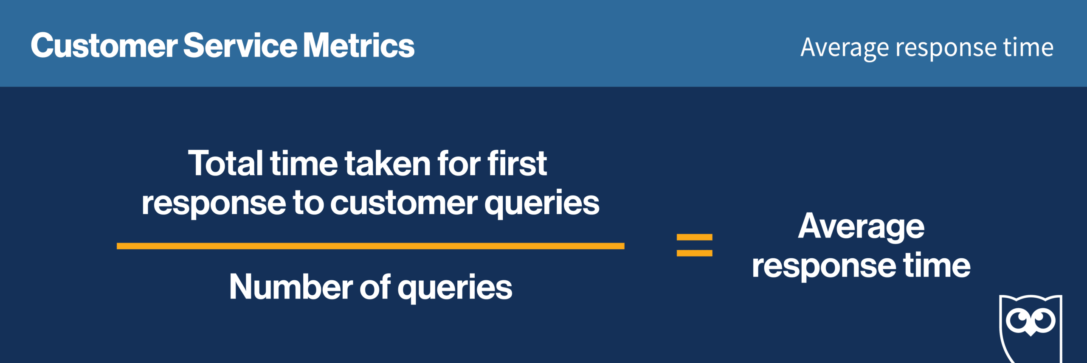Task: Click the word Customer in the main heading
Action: [x=104, y=45]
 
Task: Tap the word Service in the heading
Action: [x=240, y=45]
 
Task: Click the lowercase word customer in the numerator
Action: [x=404, y=203]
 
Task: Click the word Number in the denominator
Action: [x=291, y=287]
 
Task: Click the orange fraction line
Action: [x=370, y=246]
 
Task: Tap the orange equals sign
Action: [x=695, y=245]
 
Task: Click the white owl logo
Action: [x=1031, y=329]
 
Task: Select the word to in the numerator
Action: [x=309, y=203]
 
